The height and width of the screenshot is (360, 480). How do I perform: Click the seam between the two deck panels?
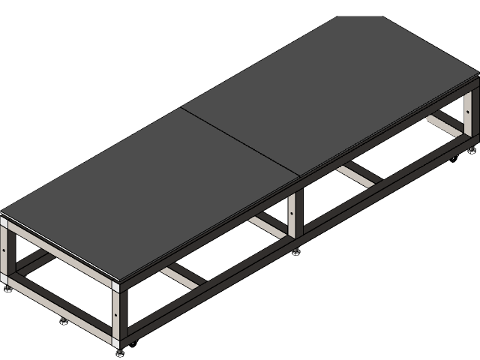pos(240,142)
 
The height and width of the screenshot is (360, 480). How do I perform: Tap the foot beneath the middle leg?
pos(295,250)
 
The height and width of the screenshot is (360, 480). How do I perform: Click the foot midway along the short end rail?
pos(63,319)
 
